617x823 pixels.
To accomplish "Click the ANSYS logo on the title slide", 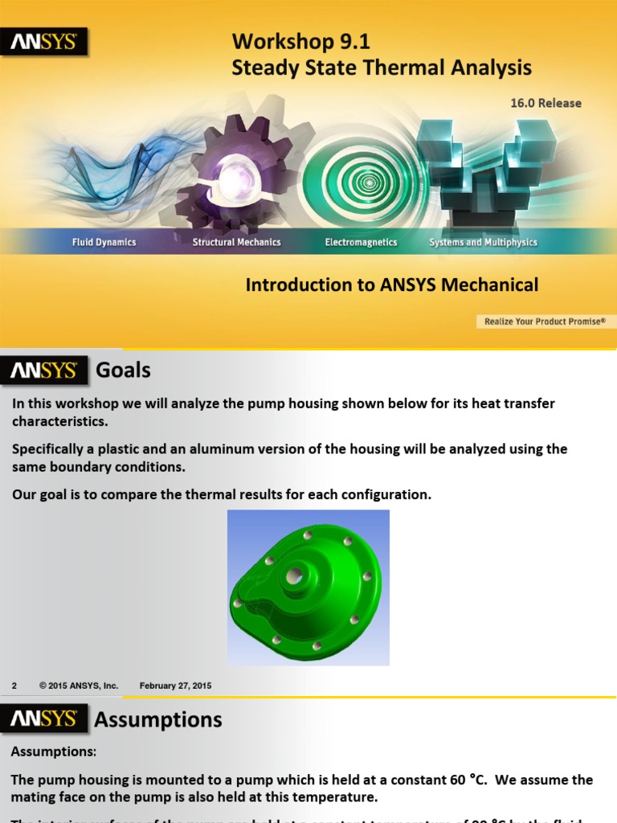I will click(44, 43).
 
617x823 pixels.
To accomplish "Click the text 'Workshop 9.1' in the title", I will click(300, 41).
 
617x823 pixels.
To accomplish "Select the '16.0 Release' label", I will click(545, 103).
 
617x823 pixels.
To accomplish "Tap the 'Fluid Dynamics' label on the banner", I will click(104, 242).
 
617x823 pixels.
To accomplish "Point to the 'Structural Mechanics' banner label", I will click(236, 242).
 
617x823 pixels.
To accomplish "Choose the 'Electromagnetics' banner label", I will click(361, 242).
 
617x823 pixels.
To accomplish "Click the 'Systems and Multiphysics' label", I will click(483, 242).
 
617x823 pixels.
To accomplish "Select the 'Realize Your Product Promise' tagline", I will click(544, 321).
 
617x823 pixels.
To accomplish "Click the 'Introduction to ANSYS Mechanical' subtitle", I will click(391, 285).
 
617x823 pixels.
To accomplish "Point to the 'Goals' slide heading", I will click(123, 371).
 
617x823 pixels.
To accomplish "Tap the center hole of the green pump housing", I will click(294, 575).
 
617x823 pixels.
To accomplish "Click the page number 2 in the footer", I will click(14, 686).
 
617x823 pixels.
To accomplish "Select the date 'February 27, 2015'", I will click(175, 686).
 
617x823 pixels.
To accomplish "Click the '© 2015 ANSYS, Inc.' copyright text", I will click(79, 686).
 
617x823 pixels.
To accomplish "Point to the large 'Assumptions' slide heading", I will click(157, 719).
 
